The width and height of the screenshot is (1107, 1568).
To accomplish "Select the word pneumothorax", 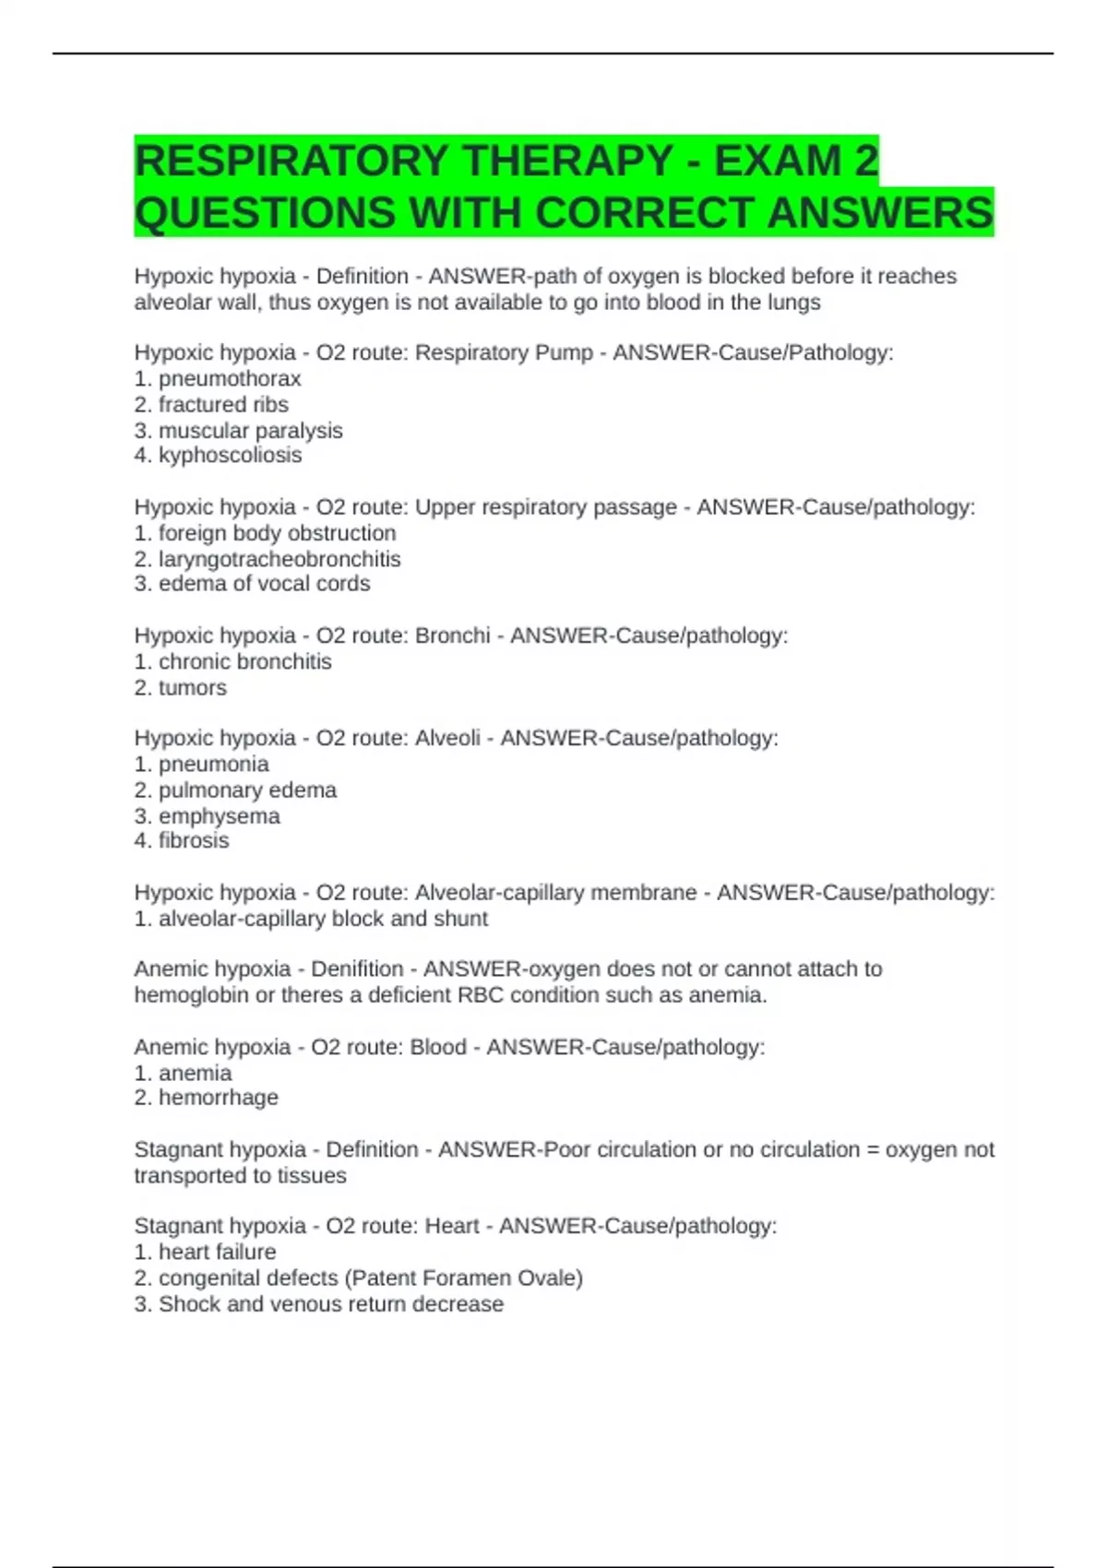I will [230, 379].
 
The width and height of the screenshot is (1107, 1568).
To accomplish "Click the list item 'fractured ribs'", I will [223, 405].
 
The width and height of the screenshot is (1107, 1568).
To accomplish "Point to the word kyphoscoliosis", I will [230, 456].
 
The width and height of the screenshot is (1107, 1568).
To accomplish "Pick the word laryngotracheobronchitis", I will [280, 559].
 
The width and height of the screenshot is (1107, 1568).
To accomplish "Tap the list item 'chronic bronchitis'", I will [244, 661].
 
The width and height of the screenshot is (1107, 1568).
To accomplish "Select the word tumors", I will [192, 687].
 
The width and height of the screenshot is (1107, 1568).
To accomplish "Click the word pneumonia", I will [213, 764].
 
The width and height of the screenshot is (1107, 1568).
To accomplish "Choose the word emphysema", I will [219, 815].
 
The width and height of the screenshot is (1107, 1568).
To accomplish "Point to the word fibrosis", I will [194, 840].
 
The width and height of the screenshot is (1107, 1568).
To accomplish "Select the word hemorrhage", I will [218, 1098].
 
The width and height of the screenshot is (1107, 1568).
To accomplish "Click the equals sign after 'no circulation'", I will [872, 1150].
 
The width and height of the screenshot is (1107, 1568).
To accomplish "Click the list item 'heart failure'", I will [217, 1253].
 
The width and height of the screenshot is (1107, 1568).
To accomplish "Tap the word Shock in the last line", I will [188, 1304].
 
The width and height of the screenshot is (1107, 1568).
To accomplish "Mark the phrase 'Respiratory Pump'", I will [504, 353].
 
